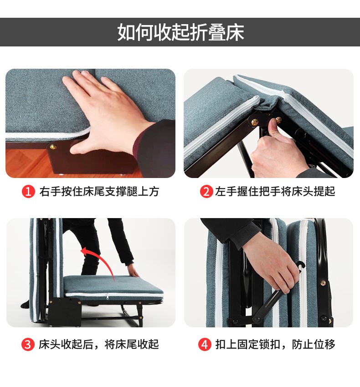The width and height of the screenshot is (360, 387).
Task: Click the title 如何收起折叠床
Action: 180,32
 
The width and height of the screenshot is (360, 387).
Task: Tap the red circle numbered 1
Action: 28,192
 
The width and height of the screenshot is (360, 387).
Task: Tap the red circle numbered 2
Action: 206,192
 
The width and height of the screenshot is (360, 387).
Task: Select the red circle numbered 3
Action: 28,344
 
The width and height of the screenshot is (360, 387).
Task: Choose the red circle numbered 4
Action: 205,344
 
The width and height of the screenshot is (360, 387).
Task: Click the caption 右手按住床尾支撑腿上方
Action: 99,192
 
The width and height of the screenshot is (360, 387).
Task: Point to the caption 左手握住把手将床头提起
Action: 275,192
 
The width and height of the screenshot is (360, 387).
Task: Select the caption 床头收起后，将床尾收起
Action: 98,344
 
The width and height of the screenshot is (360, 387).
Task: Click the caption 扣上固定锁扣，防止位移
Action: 275,344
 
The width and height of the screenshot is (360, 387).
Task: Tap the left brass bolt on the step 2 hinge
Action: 254,122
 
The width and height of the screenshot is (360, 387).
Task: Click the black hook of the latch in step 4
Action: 301,266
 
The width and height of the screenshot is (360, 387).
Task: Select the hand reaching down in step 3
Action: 134,271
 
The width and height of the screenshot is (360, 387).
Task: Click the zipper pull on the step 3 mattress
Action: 108,296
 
